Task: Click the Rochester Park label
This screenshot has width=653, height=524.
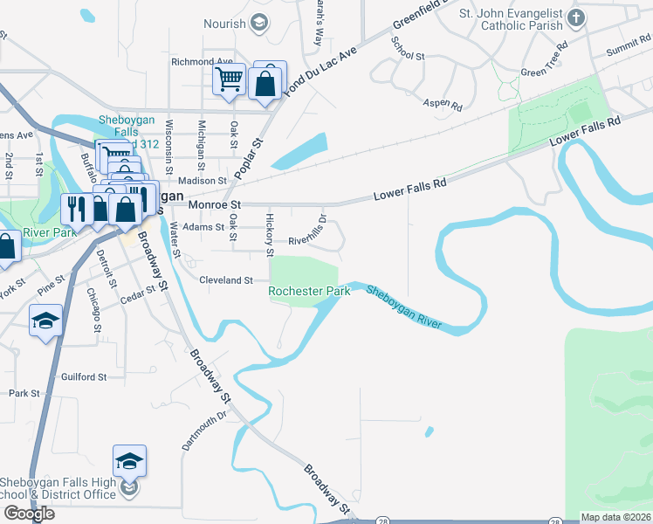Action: (x=309, y=291)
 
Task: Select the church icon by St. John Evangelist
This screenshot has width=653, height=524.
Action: (x=576, y=17)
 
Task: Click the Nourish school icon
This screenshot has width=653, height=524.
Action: (x=258, y=24)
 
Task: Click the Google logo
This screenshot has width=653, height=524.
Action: (x=29, y=514)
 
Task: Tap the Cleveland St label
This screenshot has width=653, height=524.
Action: (x=225, y=280)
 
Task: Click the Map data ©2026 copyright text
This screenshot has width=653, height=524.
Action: (x=616, y=517)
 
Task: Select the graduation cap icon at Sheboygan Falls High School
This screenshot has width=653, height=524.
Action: (x=128, y=460)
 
